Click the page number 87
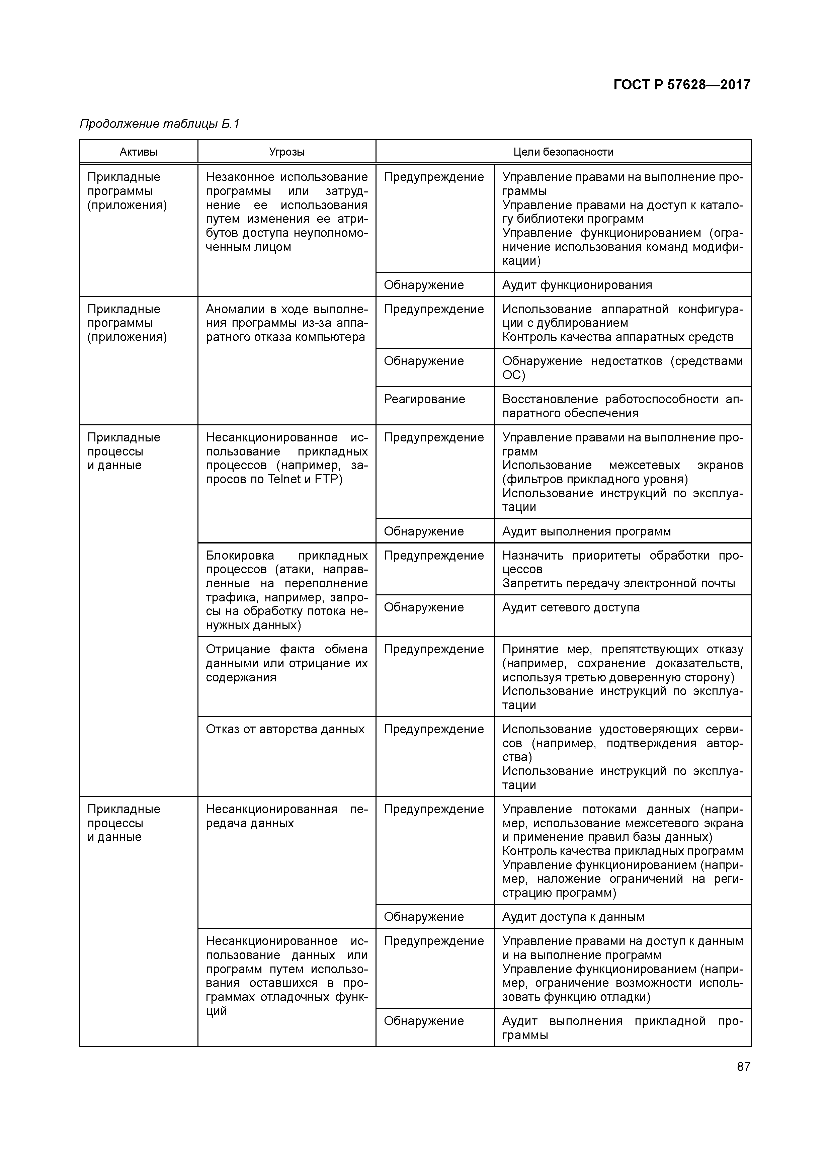(743, 1066)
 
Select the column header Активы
(138, 152)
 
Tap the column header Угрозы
(286, 152)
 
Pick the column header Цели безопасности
(563, 152)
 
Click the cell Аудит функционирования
(577, 285)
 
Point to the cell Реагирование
(424, 399)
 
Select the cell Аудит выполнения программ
(586, 531)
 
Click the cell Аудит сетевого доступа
(571, 607)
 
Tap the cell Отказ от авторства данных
(285, 729)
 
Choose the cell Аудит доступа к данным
(573, 917)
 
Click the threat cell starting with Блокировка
(286, 590)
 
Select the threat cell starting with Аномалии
(286, 323)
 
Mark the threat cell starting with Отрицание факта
(286, 663)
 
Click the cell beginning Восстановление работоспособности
(622, 406)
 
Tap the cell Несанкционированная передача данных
(286, 816)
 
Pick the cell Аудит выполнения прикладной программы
(622, 1028)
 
